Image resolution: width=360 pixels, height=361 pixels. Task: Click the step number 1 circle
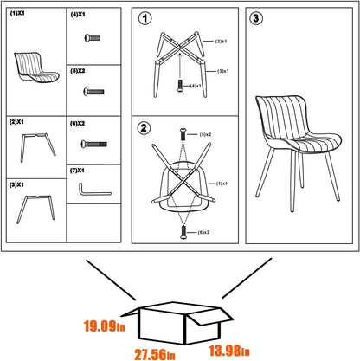pyautogui.click(x=145, y=18)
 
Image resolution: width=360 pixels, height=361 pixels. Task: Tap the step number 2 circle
pyautogui.click(x=145, y=129)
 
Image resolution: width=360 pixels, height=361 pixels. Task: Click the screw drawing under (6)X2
pyautogui.click(x=93, y=143)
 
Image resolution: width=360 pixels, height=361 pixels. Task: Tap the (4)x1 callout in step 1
pyautogui.click(x=195, y=86)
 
